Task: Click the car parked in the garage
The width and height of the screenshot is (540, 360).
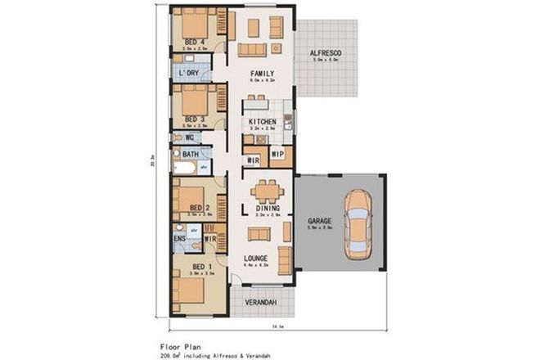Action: tap(358, 223)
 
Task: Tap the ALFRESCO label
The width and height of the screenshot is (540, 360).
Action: tap(325, 53)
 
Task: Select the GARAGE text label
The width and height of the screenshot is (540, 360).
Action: tap(318, 221)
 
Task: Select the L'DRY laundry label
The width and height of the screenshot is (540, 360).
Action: tap(189, 74)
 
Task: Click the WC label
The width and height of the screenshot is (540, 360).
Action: tap(188, 137)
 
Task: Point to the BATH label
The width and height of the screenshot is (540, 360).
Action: tap(191, 154)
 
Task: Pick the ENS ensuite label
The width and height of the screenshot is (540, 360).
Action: tap(179, 239)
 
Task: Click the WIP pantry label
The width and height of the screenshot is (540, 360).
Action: tap(277, 154)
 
